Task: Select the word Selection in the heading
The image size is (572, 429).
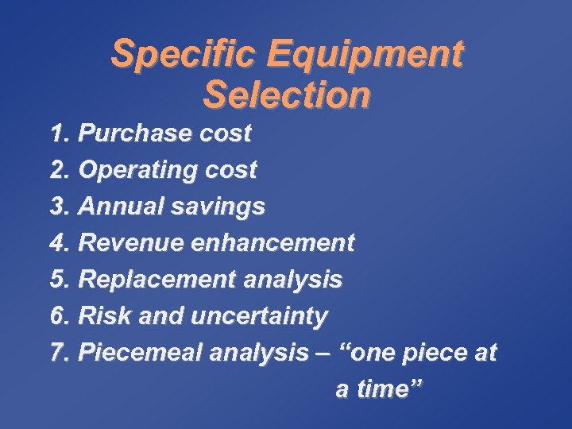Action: pyautogui.click(x=286, y=95)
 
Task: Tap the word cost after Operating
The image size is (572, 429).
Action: pyautogui.click(x=230, y=170)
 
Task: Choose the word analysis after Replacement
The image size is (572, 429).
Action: pyautogui.click(x=293, y=280)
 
